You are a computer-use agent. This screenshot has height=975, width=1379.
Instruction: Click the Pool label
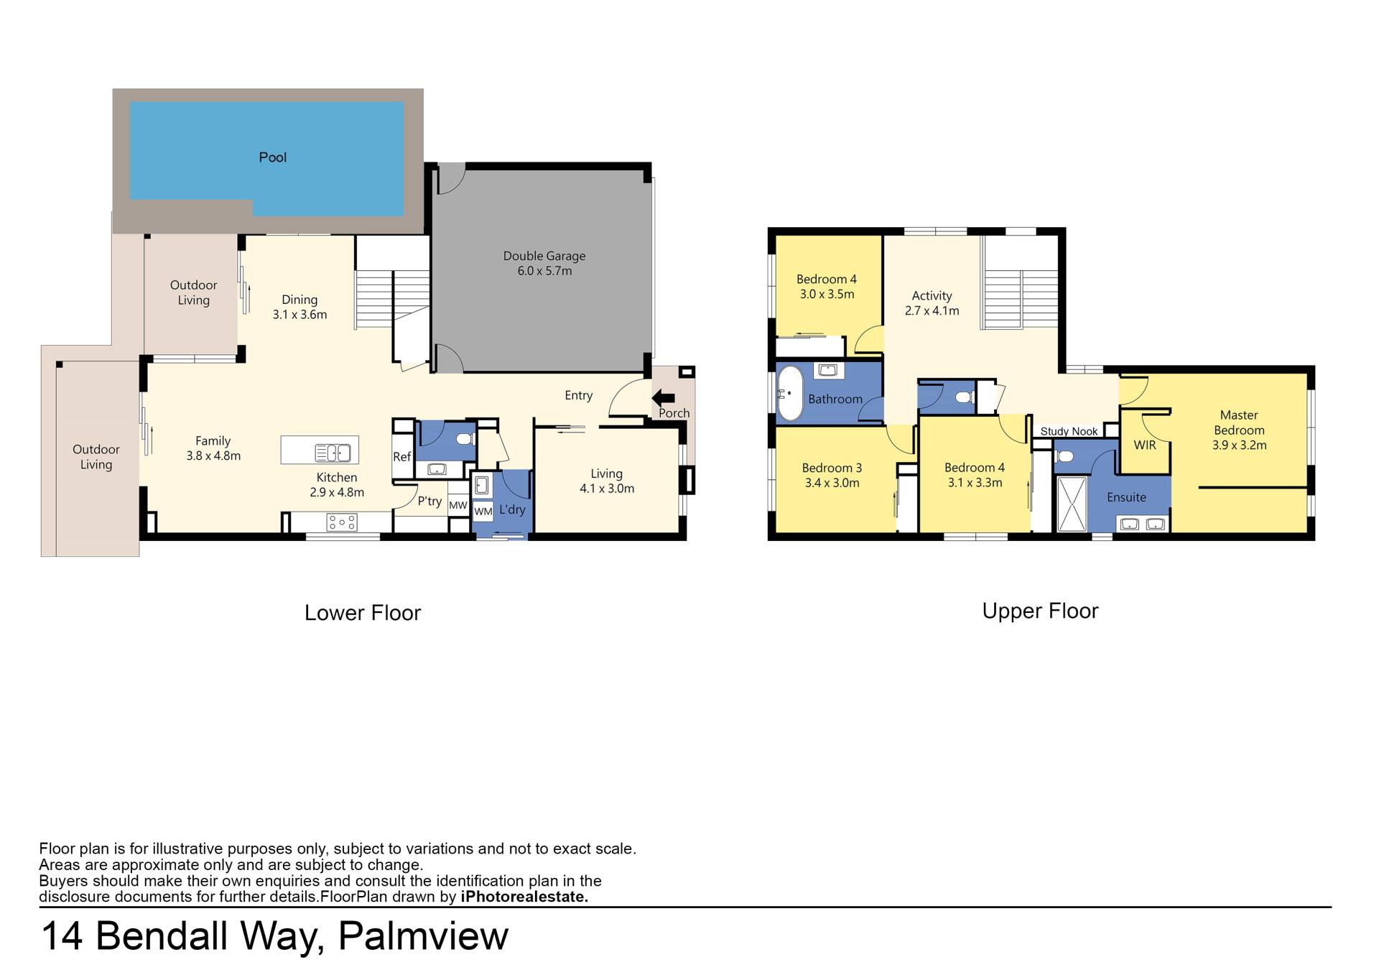(272, 157)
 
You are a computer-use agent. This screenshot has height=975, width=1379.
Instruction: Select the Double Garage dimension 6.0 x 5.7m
(544, 271)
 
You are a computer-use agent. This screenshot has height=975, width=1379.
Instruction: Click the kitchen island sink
(333, 453)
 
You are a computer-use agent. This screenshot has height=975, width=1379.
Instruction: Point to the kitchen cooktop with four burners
(342, 522)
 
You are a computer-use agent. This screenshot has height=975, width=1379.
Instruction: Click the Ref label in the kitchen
(401, 457)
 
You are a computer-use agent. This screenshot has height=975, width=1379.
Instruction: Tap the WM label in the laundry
(483, 512)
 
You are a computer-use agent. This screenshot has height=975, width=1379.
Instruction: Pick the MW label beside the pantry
(458, 505)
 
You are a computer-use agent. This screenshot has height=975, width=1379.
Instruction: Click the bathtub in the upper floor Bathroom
(790, 394)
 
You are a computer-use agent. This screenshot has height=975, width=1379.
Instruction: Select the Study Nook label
(1069, 431)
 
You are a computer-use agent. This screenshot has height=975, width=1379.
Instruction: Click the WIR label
(1145, 445)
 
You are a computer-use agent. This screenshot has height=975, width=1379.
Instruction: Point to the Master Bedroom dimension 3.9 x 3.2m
(1239, 445)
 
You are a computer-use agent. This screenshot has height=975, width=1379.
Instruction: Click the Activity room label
(932, 295)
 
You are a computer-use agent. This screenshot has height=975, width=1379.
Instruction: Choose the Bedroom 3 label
(832, 468)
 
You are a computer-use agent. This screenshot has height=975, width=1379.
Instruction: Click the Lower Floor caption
(363, 613)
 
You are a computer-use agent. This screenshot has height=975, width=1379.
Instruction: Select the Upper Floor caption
(1040, 611)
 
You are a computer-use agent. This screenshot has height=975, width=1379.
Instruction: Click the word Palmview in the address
(423, 935)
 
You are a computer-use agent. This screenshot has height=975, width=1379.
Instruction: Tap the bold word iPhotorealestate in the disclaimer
(524, 897)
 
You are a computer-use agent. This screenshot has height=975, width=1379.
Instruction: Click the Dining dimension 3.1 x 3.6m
(300, 315)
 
